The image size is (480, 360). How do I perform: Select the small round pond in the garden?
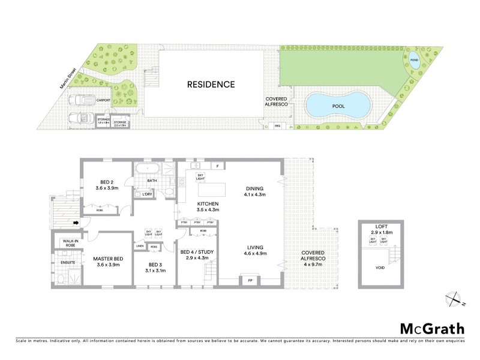(x=413, y=60)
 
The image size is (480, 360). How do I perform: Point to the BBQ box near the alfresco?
(x=277, y=126)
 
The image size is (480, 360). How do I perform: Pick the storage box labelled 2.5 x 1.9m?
(x=121, y=124)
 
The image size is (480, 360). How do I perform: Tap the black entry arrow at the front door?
(x=76, y=223)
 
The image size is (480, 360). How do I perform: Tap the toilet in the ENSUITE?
(x=60, y=278)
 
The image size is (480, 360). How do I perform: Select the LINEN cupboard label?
(x=139, y=246)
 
